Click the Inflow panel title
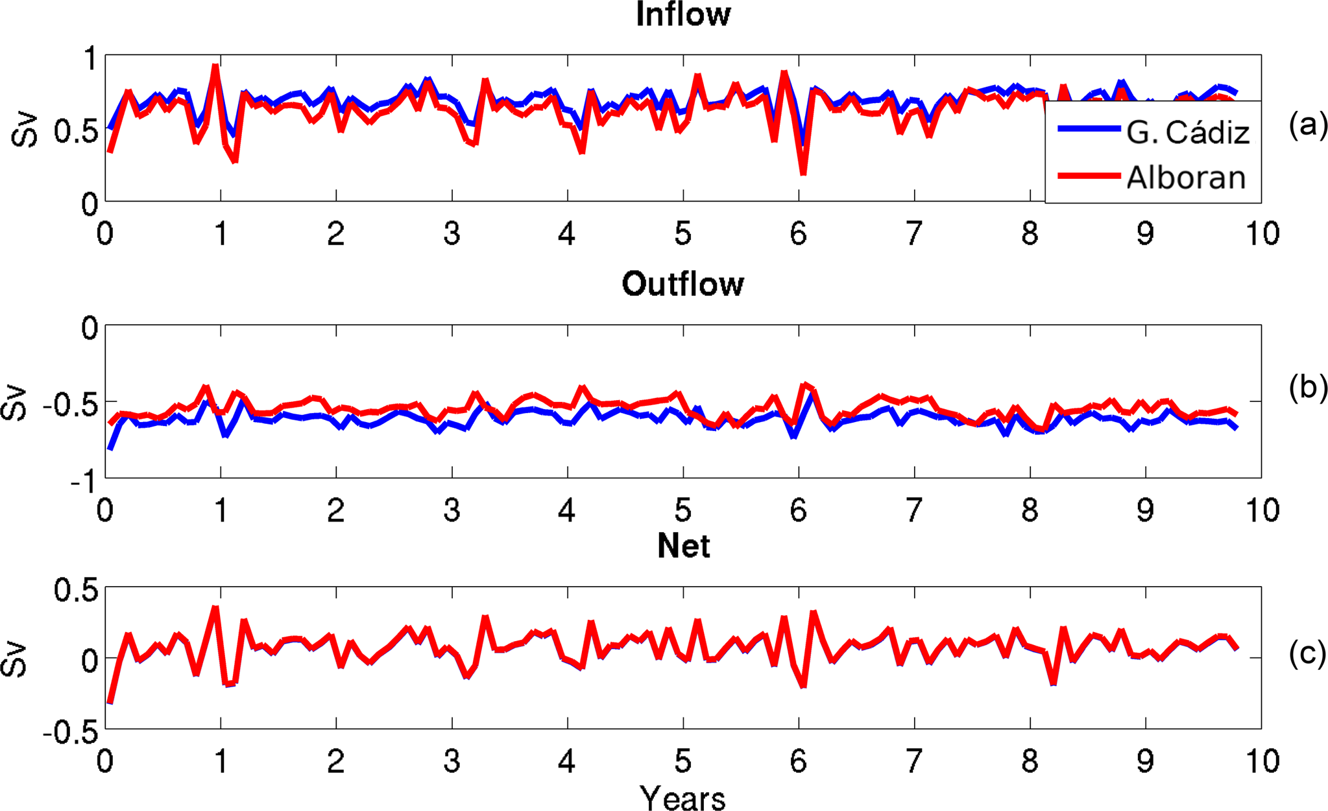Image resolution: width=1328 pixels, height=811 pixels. click(683, 15)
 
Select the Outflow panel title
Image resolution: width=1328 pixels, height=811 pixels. click(683, 285)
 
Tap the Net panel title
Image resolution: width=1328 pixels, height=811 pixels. click(683, 546)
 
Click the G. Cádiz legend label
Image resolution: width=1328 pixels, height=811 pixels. click(1188, 133)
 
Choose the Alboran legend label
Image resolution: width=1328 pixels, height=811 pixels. click(1186, 178)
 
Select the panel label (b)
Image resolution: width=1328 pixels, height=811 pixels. click(1308, 387)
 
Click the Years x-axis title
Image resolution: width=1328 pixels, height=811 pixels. click(682, 798)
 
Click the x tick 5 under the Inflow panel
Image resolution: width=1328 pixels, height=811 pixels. click(682, 234)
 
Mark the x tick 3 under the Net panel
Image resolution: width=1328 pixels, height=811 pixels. click(452, 761)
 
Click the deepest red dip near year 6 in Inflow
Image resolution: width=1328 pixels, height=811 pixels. click(804, 172)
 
